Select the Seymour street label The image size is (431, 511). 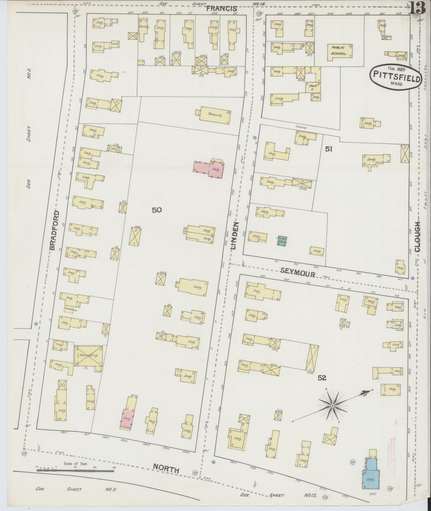click(x=298, y=274)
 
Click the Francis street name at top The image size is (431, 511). click(x=222, y=9)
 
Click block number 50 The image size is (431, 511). click(x=157, y=210)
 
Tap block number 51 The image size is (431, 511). click(x=328, y=149)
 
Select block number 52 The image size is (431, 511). click(x=322, y=378)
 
